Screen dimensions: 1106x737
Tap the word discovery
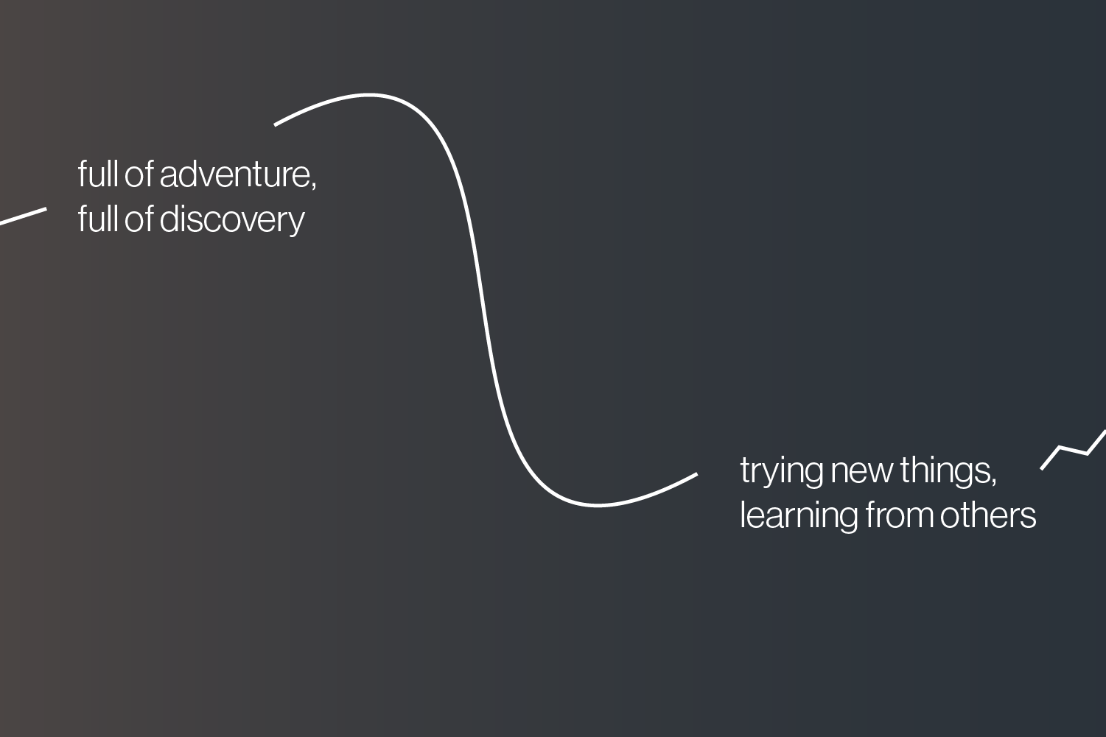pyautogui.click(x=232, y=220)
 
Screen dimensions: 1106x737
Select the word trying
pyautogui.click(x=781, y=471)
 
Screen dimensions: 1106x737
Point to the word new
pyautogui.click(x=862, y=471)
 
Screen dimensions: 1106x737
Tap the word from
pyautogui.click(x=900, y=515)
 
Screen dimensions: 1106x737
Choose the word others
pyautogui.click(x=988, y=515)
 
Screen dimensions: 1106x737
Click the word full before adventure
pyautogui.click(x=98, y=174)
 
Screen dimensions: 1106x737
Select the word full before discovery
pyautogui.click(x=98, y=219)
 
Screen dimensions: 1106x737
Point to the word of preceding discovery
pyautogui.click(x=139, y=219)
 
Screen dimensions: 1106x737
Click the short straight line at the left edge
pyautogui.click(x=23, y=216)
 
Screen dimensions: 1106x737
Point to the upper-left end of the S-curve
pyautogui.click(x=275, y=125)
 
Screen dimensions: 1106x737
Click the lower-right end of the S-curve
pyautogui.click(x=697, y=475)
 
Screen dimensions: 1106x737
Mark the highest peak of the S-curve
pyautogui.click(x=368, y=94)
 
